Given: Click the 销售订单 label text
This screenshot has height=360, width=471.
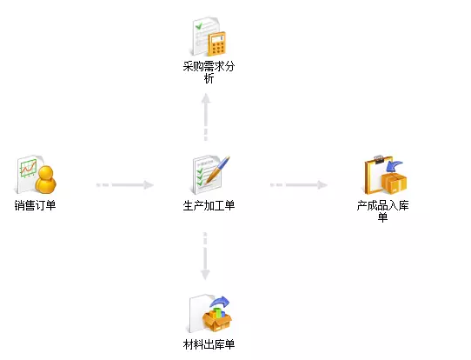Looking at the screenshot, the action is (x=35, y=205).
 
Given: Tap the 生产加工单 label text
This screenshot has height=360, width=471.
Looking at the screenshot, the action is (x=209, y=205).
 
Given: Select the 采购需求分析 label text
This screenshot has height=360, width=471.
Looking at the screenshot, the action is (x=209, y=72).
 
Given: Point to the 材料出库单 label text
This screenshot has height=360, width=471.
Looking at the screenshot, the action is (x=209, y=344).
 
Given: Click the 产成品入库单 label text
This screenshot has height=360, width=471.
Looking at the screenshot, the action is (x=382, y=211).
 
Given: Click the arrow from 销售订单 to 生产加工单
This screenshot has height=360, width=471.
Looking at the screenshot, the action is (x=125, y=185).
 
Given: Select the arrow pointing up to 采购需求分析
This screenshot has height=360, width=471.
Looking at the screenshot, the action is (x=206, y=117).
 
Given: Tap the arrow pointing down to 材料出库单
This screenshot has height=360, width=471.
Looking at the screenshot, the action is (x=205, y=256).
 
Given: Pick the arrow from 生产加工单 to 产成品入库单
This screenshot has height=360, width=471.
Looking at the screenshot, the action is (x=299, y=185).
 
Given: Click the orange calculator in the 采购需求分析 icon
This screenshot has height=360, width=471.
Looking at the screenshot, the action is (x=217, y=43).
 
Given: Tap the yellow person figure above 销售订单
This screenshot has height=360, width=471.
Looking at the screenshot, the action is (x=46, y=180).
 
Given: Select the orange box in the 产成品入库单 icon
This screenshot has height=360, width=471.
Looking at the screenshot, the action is (x=395, y=183).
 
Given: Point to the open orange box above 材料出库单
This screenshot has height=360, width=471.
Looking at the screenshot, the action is (x=217, y=320).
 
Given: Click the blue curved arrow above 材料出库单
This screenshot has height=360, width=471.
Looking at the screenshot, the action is (x=220, y=302).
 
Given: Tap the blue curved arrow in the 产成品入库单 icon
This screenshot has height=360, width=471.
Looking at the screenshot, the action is (x=395, y=166).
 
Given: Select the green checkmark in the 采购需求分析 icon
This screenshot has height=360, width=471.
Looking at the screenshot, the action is (x=199, y=26).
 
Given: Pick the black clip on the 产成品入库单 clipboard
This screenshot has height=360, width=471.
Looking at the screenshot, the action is (x=378, y=158).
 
